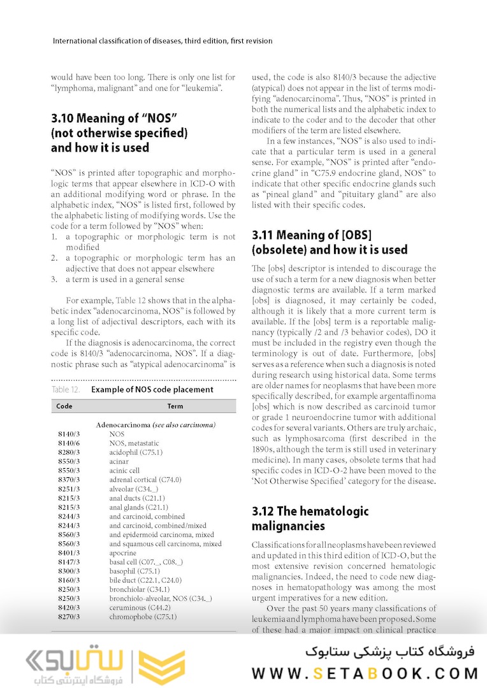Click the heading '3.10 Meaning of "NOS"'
coord(113,118)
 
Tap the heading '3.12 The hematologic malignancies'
coord(310,519)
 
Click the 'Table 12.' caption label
coord(66,389)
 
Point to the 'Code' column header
coord(64,406)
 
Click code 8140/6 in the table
coord(68,443)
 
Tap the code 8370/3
coord(68,480)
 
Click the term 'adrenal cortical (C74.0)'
coord(145,480)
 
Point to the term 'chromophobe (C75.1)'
coord(143,617)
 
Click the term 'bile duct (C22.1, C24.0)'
coord(145,580)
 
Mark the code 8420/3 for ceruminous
coord(68,608)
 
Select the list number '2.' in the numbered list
coord(54,257)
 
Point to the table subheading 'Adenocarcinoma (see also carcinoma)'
coord(156,424)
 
